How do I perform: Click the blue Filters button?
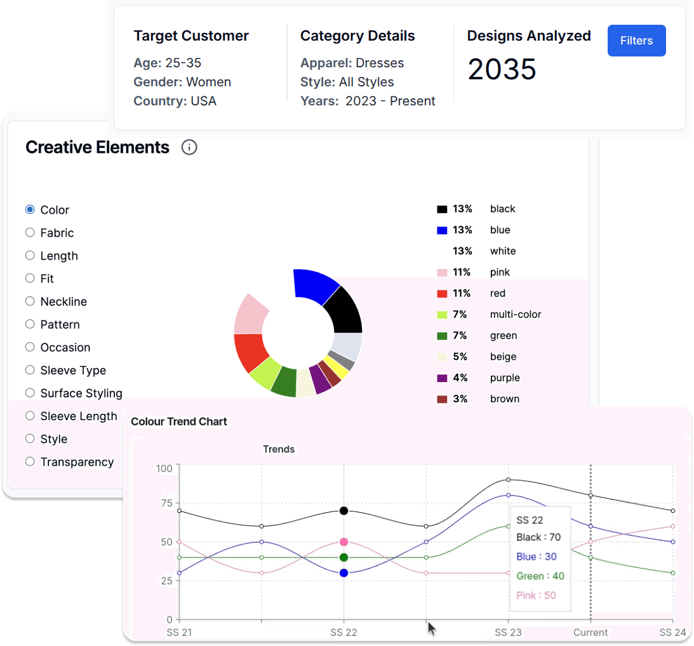[636, 41]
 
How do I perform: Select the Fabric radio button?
[30, 233]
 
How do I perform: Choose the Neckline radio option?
[30, 301]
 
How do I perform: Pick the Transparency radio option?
[30, 462]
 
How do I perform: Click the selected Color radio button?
[30, 210]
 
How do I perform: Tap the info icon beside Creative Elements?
[189, 148]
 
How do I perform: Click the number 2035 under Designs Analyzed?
[502, 69]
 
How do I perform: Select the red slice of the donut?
[250, 352]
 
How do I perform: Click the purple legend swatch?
[443, 378]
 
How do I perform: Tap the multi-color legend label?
[515, 315]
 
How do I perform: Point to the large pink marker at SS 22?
[344, 542]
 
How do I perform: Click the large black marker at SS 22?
[344, 511]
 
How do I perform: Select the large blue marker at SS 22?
[344, 573]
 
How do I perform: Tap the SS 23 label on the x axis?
[508, 633]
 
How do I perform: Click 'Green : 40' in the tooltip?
[540, 576]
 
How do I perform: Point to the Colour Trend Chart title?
[179, 421]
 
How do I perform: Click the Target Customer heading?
[191, 36]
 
